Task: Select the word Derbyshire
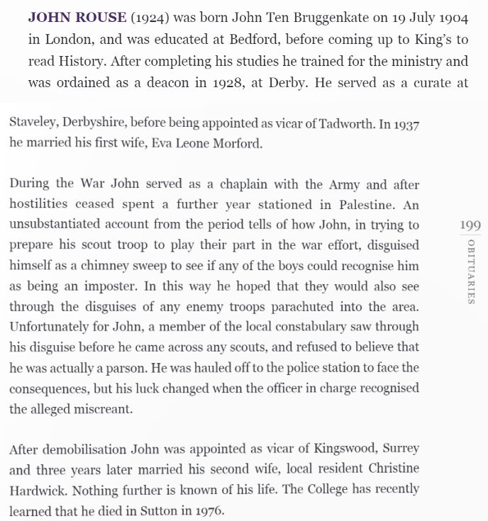coord(95,123)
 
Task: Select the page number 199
coord(470,225)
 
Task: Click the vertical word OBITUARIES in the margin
coord(470,271)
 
